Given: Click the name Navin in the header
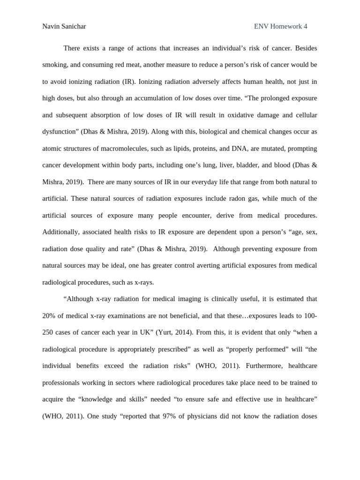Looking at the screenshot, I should tap(51, 26).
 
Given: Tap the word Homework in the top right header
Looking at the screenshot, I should tap(286, 26).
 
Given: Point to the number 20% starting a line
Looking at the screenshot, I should tap(49, 315).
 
